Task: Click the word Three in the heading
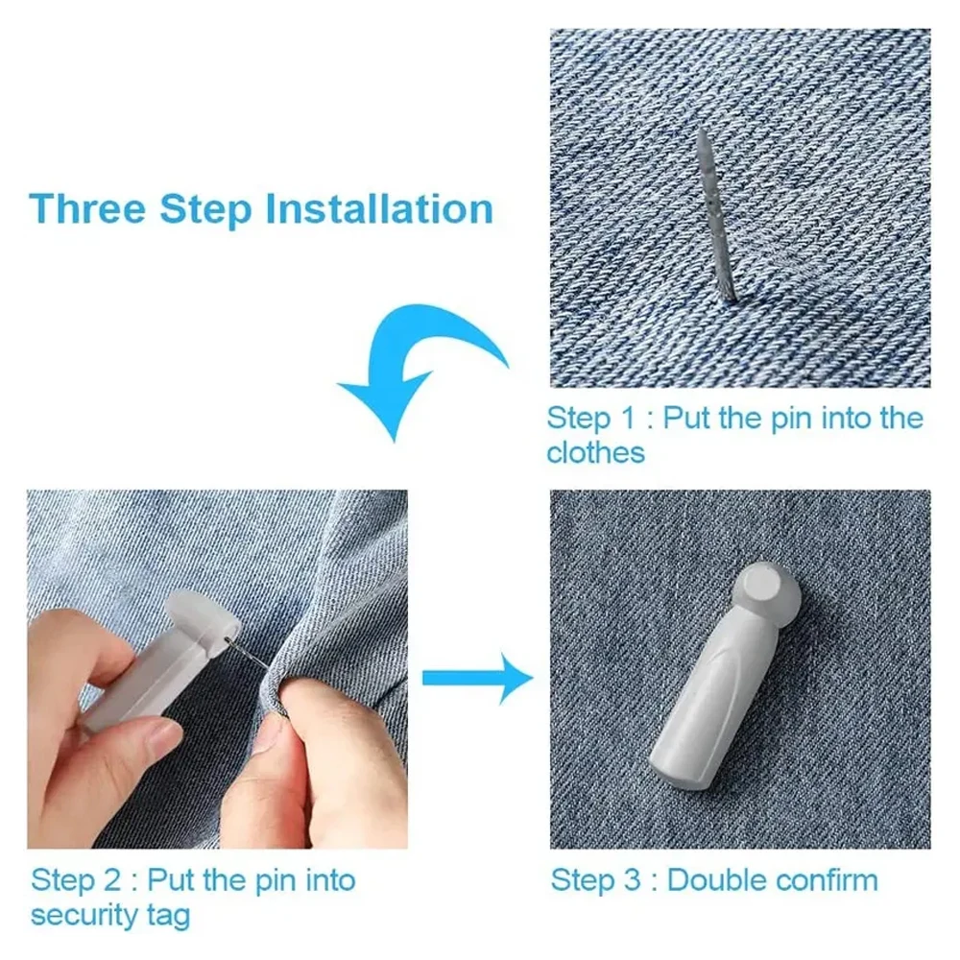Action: coord(87,208)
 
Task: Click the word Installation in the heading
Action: coord(380,208)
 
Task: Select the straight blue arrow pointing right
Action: coord(477,678)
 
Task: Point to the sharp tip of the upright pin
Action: coord(702,131)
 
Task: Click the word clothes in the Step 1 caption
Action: coord(596,453)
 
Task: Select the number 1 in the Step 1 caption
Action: coord(628,419)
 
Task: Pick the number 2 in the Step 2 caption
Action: coord(112,881)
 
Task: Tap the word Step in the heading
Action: coord(205,210)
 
